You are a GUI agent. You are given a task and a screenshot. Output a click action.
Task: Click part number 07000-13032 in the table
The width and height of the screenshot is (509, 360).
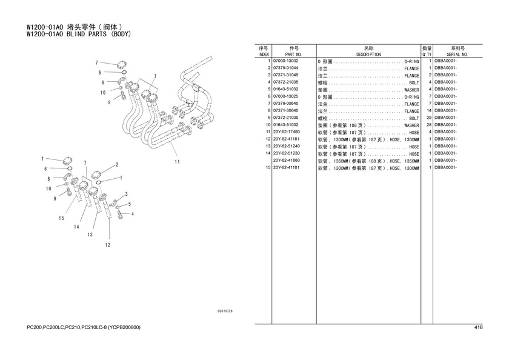[285, 61]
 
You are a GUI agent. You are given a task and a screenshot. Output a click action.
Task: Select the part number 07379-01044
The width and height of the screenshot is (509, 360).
[285, 68]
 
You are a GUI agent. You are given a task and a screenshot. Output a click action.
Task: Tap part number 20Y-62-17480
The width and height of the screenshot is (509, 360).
[287, 132]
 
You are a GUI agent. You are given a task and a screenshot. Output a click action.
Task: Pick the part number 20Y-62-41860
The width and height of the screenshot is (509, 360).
[287, 160]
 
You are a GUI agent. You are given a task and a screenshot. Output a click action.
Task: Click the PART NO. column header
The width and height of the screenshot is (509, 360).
[285, 54]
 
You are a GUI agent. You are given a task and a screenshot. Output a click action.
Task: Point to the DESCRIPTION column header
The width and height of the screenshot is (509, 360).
[368, 54]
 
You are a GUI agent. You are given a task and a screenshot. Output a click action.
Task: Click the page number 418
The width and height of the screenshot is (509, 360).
[478, 328]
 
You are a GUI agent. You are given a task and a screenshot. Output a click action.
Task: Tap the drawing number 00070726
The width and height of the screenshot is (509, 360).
[225, 311]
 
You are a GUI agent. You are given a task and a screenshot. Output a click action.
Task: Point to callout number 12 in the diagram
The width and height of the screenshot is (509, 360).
[107, 245]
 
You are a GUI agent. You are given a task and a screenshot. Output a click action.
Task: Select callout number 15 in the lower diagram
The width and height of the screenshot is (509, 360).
[61, 218]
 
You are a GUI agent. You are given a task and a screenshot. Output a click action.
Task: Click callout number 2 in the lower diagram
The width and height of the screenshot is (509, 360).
[116, 164]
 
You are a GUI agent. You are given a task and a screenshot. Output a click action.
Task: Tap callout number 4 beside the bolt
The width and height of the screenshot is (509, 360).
[133, 213]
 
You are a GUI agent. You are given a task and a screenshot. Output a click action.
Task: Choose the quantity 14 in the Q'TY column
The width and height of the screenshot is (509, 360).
[428, 110]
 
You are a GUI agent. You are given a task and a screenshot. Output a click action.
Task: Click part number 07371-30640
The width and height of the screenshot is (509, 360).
[285, 110]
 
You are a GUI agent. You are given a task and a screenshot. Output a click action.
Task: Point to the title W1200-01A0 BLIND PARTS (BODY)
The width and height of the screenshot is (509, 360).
[79, 34]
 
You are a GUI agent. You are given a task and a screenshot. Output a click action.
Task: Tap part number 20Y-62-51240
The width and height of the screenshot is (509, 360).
[287, 146]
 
